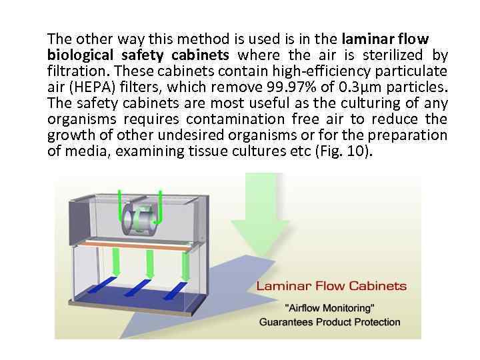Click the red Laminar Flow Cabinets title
(x=331, y=286)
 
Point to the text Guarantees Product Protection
(x=330, y=322)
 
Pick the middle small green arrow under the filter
(x=149, y=262)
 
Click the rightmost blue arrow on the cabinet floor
(x=179, y=286)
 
